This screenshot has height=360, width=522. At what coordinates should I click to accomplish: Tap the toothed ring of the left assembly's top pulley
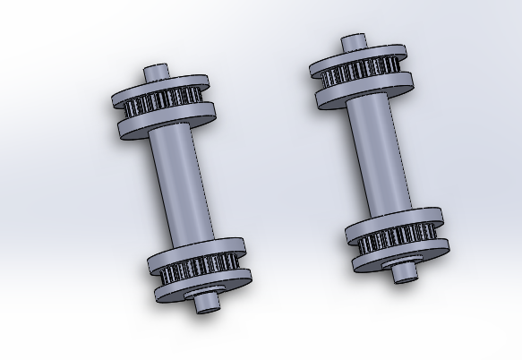(165, 103)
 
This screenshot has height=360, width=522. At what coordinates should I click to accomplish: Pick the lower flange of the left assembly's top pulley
(170, 123)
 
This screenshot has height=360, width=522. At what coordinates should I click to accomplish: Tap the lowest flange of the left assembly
(204, 287)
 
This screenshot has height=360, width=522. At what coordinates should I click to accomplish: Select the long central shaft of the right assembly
(376, 157)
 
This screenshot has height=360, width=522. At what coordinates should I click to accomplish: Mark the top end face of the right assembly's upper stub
(354, 40)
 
